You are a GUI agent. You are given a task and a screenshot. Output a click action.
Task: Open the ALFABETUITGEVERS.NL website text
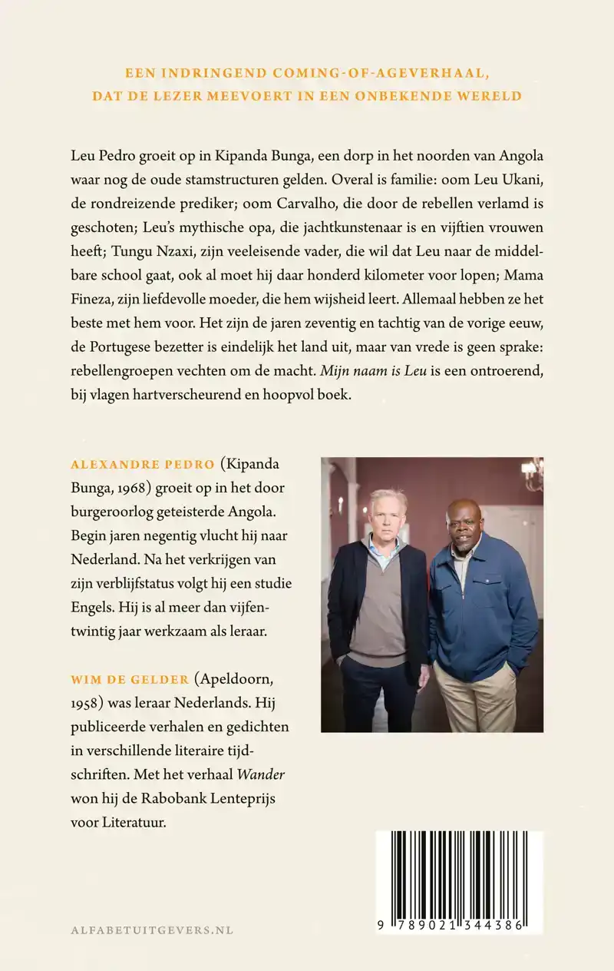[x=151, y=930]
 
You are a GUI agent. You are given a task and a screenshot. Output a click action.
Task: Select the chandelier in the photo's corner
[x=532, y=471]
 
